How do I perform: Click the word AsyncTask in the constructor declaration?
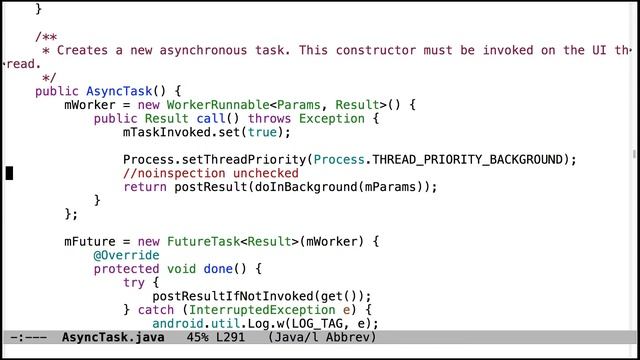click(x=120, y=90)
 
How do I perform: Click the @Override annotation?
click(x=123, y=255)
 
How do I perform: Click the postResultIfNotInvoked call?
click(x=240, y=296)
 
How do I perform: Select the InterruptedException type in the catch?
click(x=254, y=310)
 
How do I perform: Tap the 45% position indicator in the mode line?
click(x=183, y=338)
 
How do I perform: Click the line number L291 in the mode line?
click(x=227, y=338)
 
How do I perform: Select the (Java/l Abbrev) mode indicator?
click(x=322, y=338)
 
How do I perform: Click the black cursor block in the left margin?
click(x=9, y=173)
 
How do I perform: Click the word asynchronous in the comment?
click(x=202, y=50)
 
